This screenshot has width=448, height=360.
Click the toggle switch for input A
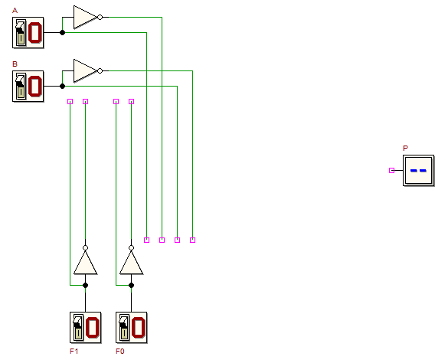pyautogui.click(x=28, y=33)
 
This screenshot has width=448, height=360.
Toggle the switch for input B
pyautogui.click(x=28, y=87)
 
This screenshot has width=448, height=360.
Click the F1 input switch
pyautogui.click(x=86, y=327)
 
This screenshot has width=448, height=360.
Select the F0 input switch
pyautogui.click(x=132, y=327)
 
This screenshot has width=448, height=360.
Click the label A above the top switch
pyautogui.click(x=15, y=11)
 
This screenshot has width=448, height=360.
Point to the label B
pyautogui.click(x=15, y=64)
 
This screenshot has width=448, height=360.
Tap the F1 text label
pyautogui.click(x=74, y=351)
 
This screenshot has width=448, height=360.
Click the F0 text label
pyautogui.click(x=120, y=351)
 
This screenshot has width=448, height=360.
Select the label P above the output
pyautogui.click(x=405, y=148)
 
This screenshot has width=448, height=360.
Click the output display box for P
pyautogui.click(x=419, y=171)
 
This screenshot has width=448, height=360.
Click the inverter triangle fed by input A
pyautogui.click(x=85, y=17)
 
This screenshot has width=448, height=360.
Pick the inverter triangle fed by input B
pyautogui.click(x=85, y=71)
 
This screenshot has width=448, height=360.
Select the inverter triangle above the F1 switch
pyautogui.click(x=86, y=263)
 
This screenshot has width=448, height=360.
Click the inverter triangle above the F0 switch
pyautogui.click(x=132, y=263)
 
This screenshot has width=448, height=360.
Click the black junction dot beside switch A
pyautogui.click(x=62, y=33)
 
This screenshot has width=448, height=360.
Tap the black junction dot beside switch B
pyautogui.click(x=62, y=87)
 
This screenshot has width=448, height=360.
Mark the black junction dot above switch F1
pyautogui.click(x=86, y=285)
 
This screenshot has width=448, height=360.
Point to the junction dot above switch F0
pyautogui.click(x=132, y=285)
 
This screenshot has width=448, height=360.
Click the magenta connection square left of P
pyautogui.click(x=392, y=171)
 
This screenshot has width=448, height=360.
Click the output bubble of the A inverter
pyautogui.click(x=100, y=18)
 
